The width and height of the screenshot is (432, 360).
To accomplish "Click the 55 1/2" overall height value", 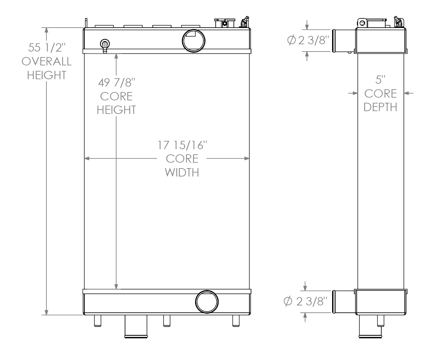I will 47,48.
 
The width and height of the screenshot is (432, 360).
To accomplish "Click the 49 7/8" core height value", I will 116,83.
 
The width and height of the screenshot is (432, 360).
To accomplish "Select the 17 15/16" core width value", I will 183,145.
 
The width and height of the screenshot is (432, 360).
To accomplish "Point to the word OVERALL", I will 47,61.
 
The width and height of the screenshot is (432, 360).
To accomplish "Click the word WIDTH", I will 182,172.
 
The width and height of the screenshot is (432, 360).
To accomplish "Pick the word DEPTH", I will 380,107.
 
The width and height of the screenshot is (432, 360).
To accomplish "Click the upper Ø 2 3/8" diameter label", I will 308,40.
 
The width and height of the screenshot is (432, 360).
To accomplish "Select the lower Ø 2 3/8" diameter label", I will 304,302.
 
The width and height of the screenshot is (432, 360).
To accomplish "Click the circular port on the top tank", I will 194,41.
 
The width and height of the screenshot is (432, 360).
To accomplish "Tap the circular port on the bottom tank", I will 207,302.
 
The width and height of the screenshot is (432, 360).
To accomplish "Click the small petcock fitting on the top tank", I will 104,45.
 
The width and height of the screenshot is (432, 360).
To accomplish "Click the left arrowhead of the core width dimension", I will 87,158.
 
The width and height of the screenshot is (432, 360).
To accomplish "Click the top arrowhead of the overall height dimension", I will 47,30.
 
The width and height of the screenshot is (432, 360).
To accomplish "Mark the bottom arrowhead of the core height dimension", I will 116,286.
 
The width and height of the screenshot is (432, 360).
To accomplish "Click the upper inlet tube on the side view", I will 344,41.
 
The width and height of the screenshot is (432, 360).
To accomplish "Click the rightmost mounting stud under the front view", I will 236,321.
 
